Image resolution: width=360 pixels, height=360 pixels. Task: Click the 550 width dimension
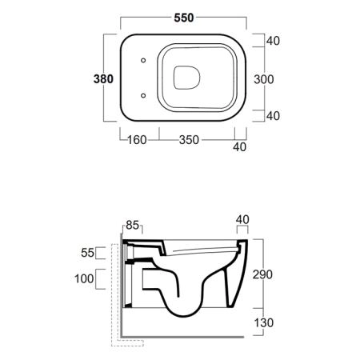[x=184, y=18]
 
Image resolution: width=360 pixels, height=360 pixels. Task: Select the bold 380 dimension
[x=103, y=79]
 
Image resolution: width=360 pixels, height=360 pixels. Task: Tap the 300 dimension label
[x=263, y=79]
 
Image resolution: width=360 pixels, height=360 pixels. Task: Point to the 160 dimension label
[x=137, y=140]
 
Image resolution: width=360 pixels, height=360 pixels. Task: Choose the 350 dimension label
[x=189, y=140]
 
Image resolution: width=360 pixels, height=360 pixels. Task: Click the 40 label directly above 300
[x=273, y=41]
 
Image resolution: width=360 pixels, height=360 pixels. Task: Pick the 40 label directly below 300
[x=273, y=116]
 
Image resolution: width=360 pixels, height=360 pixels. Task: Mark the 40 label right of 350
[x=239, y=147]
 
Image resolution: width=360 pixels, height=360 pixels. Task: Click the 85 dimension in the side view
[x=133, y=226]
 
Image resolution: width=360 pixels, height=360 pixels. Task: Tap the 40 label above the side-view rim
[x=242, y=220]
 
